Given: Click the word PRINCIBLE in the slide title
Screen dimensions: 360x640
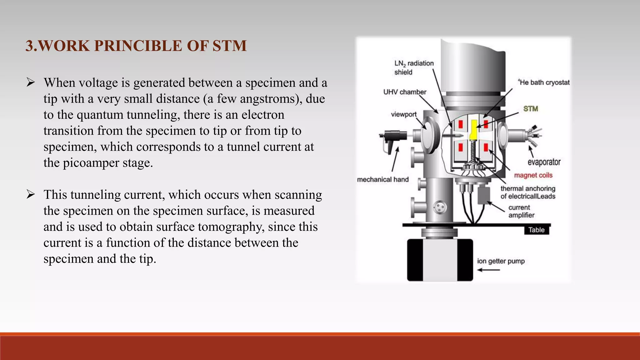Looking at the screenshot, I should click(x=138, y=46).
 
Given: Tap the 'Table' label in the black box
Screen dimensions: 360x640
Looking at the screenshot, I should click(x=536, y=230).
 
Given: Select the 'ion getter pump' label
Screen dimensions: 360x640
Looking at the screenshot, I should click(x=501, y=261).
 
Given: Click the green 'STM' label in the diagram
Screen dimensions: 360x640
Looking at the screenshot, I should click(x=531, y=109).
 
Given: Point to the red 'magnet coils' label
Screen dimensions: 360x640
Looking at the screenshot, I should click(x=533, y=175).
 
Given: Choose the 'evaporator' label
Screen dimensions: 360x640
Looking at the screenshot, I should click(x=544, y=162).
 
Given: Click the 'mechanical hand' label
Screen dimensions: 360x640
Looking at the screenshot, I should click(x=383, y=179).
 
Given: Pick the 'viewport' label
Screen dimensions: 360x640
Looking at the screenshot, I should click(x=404, y=114).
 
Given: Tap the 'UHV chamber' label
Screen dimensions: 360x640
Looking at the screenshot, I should click(x=405, y=92).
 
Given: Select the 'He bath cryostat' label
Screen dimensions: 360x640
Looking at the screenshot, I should click(x=544, y=82).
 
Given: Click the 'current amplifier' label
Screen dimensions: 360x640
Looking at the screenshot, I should click(x=521, y=211).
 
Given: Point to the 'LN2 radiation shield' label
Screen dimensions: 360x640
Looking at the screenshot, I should click(x=414, y=67).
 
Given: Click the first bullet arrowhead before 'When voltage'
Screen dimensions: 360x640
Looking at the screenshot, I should click(x=31, y=82).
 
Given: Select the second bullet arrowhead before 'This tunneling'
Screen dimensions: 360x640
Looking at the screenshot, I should click(x=31, y=194).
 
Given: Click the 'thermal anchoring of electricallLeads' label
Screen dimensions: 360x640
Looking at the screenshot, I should click(x=528, y=192).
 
